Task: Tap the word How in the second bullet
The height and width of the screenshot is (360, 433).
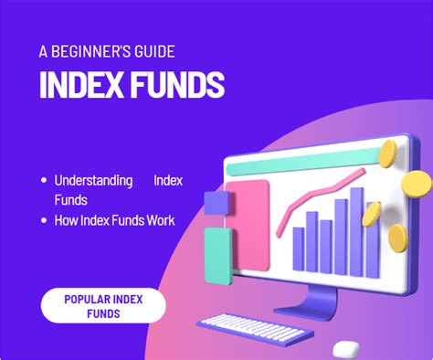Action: click(x=67, y=220)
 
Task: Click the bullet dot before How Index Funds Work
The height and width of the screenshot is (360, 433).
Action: click(x=44, y=220)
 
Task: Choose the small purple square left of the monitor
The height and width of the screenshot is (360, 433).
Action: click(x=216, y=202)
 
